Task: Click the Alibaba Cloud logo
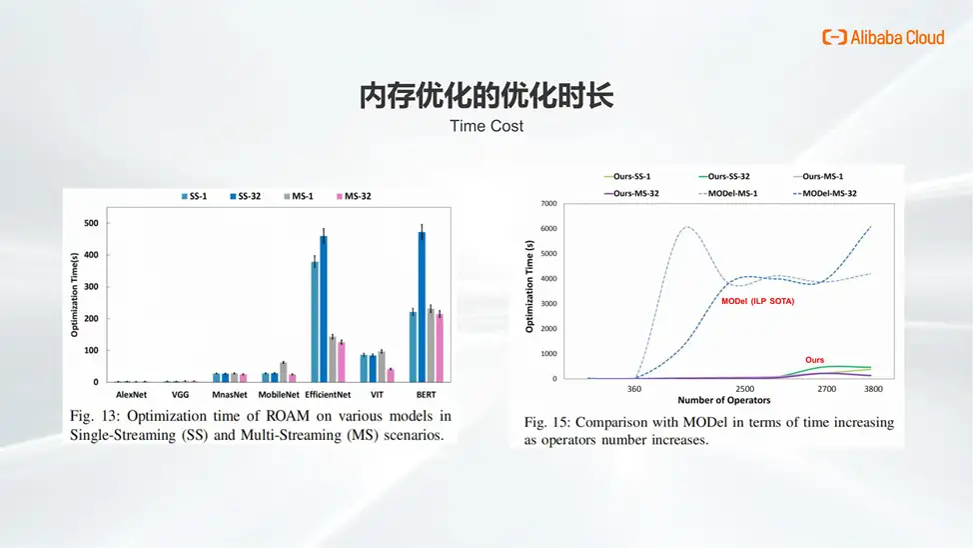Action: point(883,37)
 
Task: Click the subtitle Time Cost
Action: point(486,126)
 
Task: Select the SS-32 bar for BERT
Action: point(422,307)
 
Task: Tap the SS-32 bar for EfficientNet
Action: point(324,309)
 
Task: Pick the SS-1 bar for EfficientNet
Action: point(315,322)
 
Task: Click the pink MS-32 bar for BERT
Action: point(440,348)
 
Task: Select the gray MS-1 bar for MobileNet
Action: point(284,372)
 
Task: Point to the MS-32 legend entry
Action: point(354,196)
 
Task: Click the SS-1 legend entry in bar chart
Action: point(194,196)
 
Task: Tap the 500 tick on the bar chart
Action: point(91,223)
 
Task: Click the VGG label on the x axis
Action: point(180,395)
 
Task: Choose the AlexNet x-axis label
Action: point(131,395)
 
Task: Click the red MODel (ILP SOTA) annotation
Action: point(757,301)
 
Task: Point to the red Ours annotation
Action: point(815,360)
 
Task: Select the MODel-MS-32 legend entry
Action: point(825,193)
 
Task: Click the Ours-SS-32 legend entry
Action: point(724,176)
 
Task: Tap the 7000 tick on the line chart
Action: point(549,204)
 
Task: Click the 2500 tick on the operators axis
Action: point(744,389)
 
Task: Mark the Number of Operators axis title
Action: point(724,400)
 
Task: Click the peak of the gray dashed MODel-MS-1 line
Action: point(687,227)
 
